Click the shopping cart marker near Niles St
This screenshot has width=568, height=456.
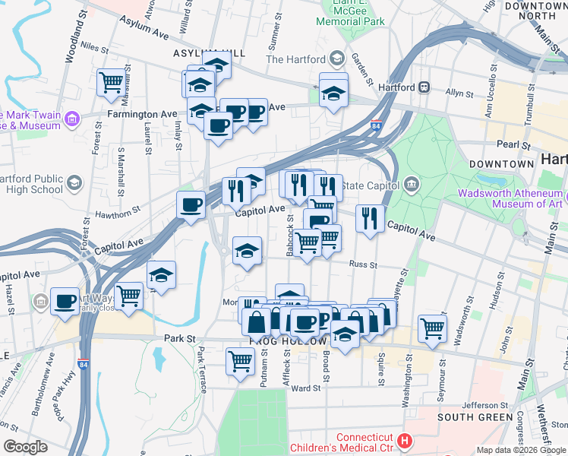pyautogui.click(x=111, y=81)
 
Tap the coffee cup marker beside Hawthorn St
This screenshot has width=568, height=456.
pyautogui.click(x=190, y=204)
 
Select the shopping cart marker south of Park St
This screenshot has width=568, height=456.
pyautogui.click(x=240, y=361)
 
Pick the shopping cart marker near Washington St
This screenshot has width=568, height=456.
pyautogui.click(x=432, y=328)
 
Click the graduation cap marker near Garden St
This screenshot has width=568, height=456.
pyautogui.click(x=333, y=94)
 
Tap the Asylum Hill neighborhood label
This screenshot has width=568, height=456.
pyautogui.click(x=210, y=53)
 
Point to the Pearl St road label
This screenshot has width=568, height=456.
pyautogui.click(x=513, y=144)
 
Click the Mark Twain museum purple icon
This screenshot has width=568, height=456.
pyautogui.click(x=72, y=119)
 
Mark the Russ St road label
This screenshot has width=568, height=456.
pyautogui.click(x=358, y=264)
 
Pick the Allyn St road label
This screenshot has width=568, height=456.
pyautogui.click(x=459, y=93)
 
